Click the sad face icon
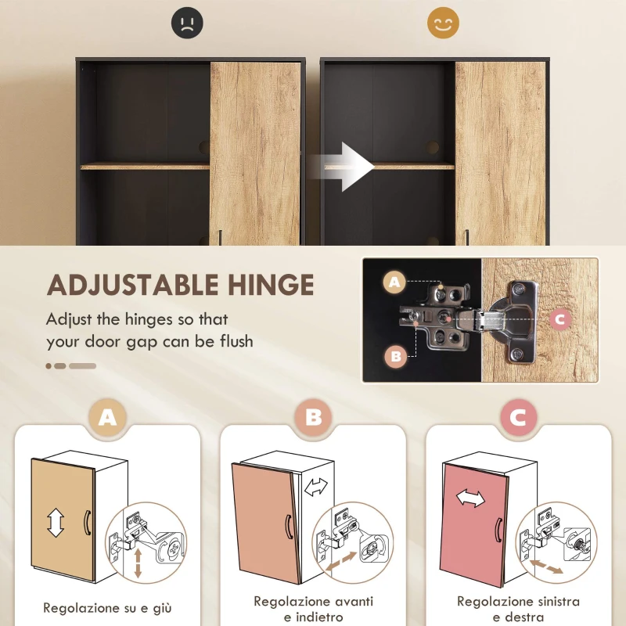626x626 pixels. click(187, 23)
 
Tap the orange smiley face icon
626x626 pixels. click(443, 23)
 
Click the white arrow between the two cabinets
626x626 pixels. click(350, 166)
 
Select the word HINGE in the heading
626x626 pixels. click(271, 284)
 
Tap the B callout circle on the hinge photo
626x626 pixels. click(396, 357)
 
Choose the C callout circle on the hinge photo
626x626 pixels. click(558, 319)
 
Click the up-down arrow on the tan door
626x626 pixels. click(56, 522)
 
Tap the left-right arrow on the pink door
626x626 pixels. click(470, 498)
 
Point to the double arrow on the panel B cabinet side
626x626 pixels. click(316, 487)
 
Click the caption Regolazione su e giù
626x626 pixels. click(107, 607)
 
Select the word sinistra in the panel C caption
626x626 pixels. click(553, 601)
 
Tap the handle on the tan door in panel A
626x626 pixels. click(87, 523)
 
